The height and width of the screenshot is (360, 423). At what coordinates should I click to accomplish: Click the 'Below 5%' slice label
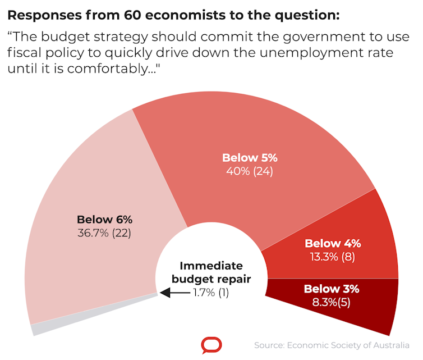click(250, 158)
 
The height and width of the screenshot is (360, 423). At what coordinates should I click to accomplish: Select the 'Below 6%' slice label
click(104, 219)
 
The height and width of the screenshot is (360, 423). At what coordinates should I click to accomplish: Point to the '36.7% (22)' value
click(104, 233)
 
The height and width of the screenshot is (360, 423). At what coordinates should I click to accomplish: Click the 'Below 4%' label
click(333, 244)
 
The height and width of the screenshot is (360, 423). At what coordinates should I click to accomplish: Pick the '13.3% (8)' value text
click(333, 257)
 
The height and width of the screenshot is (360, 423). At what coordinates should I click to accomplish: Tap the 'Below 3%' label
click(332, 289)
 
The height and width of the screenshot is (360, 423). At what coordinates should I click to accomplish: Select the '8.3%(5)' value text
click(332, 303)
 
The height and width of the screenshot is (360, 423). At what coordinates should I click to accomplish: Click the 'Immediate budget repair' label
click(211, 272)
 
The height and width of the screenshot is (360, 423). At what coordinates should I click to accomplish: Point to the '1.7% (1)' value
click(211, 292)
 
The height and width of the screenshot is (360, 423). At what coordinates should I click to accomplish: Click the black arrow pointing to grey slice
click(174, 292)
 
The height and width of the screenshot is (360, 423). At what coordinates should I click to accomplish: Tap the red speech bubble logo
click(211, 345)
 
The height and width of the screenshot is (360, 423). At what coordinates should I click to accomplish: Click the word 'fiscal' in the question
click(24, 54)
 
